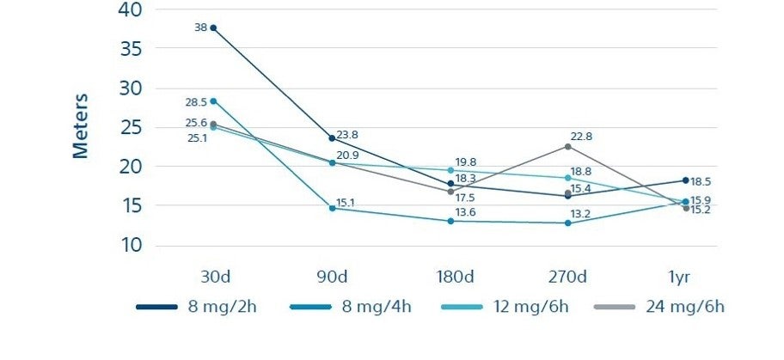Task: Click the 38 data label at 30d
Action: (x=200, y=27)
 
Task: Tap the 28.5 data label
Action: (x=197, y=101)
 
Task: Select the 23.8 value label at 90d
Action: (x=347, y=135)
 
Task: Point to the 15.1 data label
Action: (x=346, y=203)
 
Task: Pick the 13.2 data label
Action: (x=580, y=213)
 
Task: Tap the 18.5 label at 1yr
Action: (x=700, y=182)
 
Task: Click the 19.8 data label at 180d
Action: (x=465, y=162)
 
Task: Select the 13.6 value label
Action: (x=465, y=212)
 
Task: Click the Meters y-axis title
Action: (x=80, y=126)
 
